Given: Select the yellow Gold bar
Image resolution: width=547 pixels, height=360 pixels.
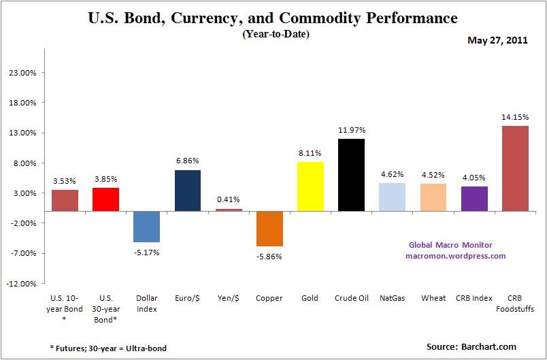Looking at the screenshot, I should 310,186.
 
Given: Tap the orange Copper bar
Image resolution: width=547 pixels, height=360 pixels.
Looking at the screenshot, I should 269,229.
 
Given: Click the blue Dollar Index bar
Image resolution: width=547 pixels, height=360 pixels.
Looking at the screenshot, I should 147,227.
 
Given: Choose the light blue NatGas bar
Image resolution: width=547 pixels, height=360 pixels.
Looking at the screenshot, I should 392,197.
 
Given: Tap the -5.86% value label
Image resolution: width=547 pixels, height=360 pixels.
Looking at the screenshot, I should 269,257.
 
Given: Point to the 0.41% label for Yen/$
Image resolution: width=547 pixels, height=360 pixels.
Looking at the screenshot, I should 229,200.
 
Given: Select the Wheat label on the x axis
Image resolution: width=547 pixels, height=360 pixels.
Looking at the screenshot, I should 433,299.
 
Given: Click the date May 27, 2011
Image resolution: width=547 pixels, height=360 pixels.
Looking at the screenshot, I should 497,40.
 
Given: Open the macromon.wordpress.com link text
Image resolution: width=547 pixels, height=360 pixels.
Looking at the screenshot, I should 456,256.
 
